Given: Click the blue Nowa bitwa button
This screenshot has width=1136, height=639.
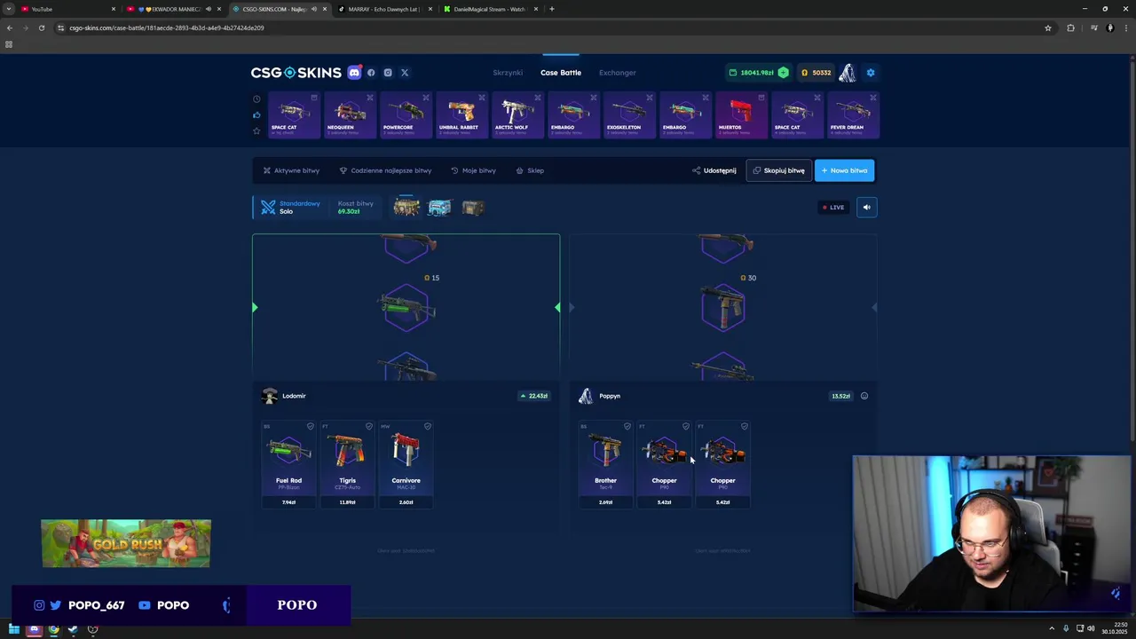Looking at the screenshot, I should [x=844, y=170].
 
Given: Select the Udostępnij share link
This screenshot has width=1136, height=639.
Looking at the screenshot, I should [x=714, y=170].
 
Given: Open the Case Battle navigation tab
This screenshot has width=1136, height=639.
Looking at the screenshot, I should [x=561, y=73].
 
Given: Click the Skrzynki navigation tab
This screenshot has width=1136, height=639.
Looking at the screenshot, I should [x=508, y=73].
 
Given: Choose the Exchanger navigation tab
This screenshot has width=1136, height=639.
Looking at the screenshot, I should [x=617, y=73].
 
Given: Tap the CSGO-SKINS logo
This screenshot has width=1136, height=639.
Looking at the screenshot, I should [x=296, y=73].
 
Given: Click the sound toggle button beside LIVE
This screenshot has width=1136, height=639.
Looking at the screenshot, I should [x=867, y=208].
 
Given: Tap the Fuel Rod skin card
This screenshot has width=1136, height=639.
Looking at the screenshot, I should [x=288, y=463].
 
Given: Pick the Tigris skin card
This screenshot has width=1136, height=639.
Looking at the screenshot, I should [x=347, y=463].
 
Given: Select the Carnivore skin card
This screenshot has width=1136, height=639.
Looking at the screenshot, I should [x=406, y=463].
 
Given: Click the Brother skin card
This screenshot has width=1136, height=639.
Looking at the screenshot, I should [x=605, y=463].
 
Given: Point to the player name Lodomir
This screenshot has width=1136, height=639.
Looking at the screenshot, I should [x=294, y=396].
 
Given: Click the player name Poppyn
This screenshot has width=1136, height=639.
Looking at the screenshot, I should [x=610, y=396].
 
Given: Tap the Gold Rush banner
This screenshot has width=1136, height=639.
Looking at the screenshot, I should [x=126, y=543].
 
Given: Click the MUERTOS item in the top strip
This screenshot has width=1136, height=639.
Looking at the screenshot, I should [x=741, y=114].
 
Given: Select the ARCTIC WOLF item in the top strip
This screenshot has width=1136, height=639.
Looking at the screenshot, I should [x=517, y=114].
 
